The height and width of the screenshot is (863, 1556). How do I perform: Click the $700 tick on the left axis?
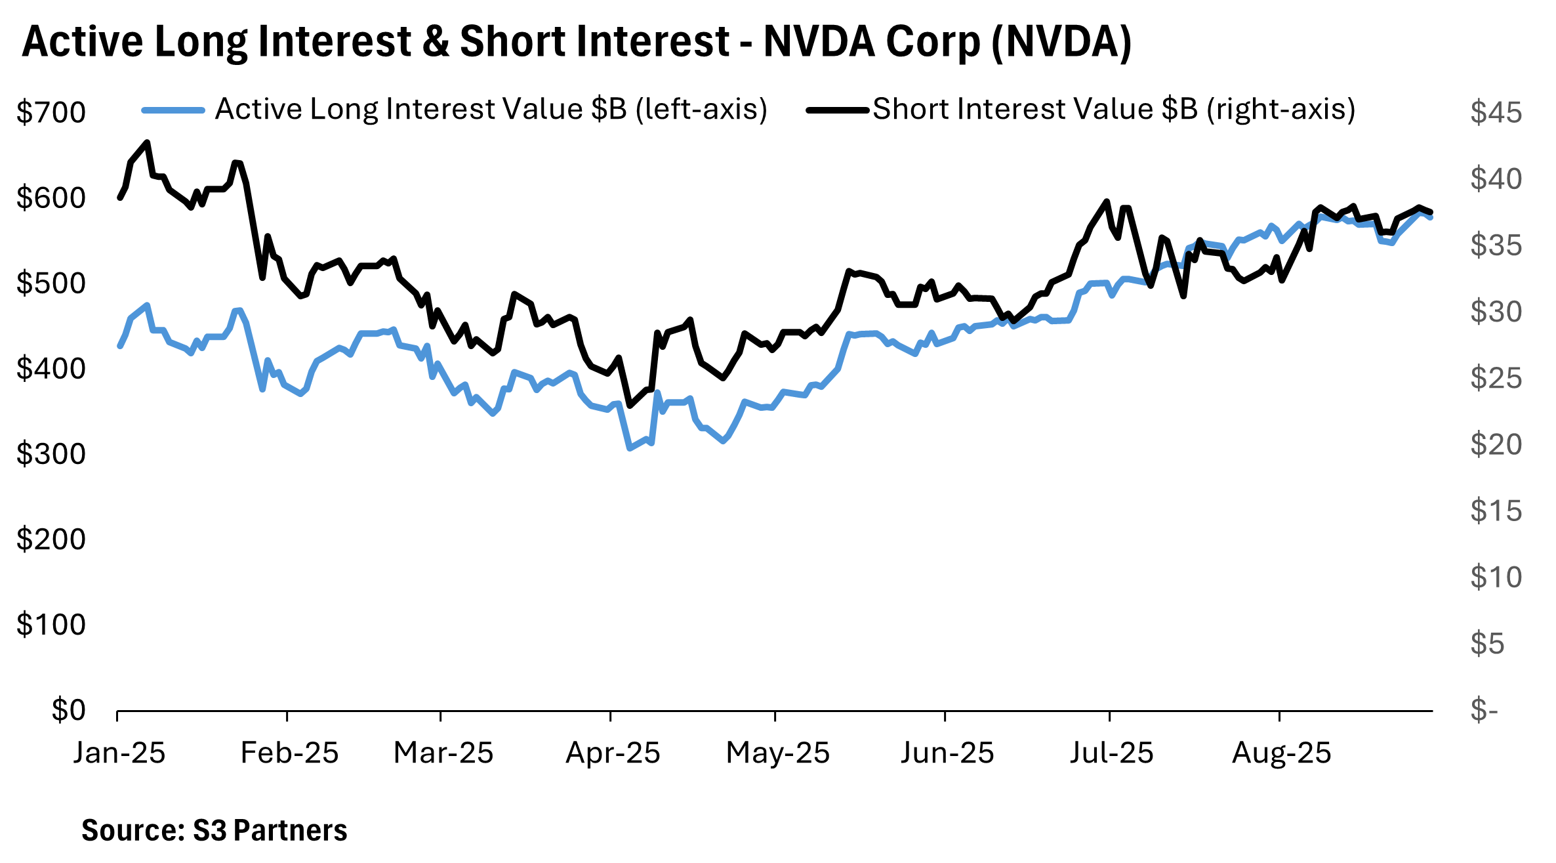51,113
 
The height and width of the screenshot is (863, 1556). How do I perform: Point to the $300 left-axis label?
51,454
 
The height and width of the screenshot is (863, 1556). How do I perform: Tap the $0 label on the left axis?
68,710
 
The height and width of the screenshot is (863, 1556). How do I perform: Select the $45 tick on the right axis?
1496,113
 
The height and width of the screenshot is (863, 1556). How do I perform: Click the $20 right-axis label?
1496,445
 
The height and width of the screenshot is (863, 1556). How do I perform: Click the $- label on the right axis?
1484,710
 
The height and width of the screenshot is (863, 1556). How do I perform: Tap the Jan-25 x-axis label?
119,753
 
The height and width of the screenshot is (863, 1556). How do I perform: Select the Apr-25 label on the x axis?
613,753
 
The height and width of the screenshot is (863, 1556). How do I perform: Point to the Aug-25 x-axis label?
1281,753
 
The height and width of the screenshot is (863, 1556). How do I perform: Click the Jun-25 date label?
947,753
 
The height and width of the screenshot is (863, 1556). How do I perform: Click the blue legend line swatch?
174,110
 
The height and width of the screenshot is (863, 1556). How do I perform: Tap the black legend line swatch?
838,110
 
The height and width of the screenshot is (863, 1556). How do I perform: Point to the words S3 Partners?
270,831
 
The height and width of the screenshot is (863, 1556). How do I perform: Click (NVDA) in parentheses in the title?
1061,43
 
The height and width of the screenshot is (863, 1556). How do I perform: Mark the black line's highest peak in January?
148,142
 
